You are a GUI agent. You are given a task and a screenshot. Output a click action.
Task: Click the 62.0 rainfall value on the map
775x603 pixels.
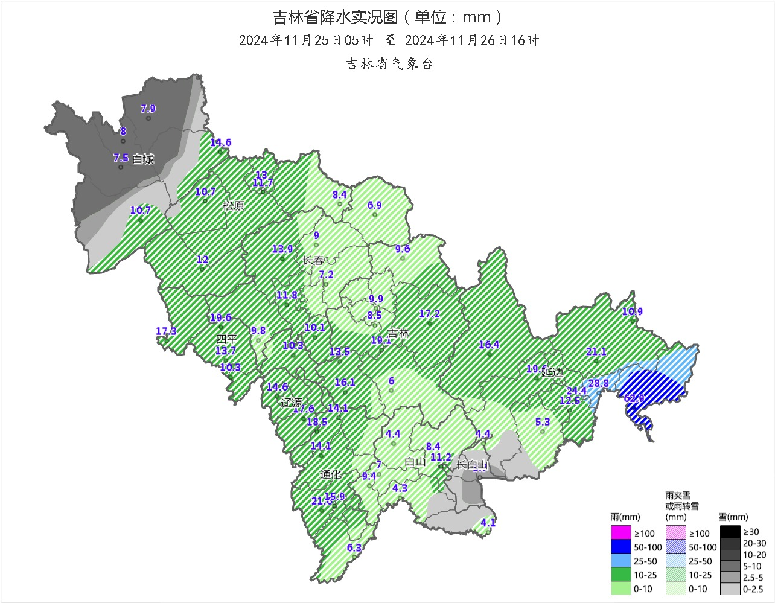coord(634,398)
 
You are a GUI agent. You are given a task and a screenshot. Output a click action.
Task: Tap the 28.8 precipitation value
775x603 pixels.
coord(598,383)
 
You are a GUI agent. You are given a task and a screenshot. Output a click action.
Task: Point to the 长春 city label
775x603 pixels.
coord(313,260)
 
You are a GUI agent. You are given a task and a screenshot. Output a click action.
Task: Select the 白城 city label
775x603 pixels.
coord(143,159)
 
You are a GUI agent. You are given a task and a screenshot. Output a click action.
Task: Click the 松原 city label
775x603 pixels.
coord(234,205)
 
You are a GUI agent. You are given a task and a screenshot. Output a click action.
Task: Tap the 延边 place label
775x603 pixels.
coord(552,372)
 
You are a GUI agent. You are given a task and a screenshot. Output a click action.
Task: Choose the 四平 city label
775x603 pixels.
coord(226,339)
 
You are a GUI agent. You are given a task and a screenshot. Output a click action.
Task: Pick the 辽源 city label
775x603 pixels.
coord(291,402)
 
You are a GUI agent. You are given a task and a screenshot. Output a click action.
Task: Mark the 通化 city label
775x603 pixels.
coord(330,474)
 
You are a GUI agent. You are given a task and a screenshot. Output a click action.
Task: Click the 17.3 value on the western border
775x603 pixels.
coord(166,331)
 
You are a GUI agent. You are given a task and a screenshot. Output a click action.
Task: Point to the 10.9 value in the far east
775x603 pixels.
coord(632,312)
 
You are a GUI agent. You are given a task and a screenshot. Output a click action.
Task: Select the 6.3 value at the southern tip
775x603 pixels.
coord(354,548)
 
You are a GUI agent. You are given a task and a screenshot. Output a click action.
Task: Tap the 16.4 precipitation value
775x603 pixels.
coord(489,345)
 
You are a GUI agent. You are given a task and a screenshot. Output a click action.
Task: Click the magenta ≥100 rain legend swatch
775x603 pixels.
coord(620,533)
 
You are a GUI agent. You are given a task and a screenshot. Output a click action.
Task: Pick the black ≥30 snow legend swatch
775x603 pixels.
coord(730,532)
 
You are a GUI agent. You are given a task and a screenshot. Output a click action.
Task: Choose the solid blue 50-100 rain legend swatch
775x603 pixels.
coord(620,547)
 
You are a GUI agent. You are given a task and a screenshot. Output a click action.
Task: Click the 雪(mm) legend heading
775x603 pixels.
coord(733,517)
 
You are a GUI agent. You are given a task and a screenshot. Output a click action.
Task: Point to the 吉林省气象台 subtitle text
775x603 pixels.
coord(389,64)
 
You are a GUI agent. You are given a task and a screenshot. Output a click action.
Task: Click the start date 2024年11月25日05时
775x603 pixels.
coord(306,40)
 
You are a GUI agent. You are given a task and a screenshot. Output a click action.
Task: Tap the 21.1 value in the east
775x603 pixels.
coord(596,352)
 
